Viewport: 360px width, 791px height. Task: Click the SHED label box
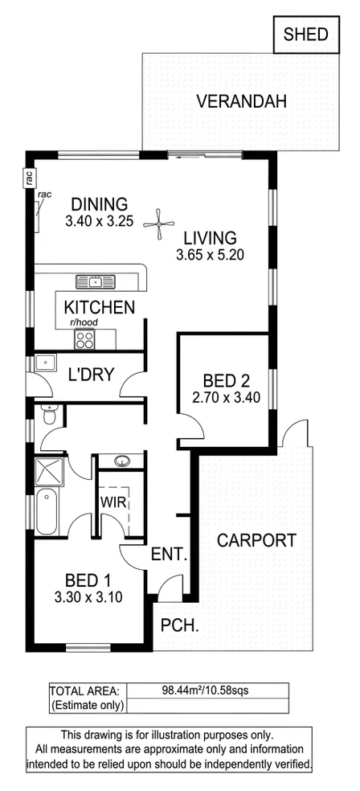pos(306,34)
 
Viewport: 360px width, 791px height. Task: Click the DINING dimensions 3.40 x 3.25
pos(99,221)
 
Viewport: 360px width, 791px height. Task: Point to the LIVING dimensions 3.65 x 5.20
pos(210,256)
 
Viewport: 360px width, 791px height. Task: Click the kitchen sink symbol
pos(96,281)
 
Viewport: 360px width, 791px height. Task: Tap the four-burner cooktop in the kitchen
pos(84,342)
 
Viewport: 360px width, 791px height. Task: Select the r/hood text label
pos(84,323)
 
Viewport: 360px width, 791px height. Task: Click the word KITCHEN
pos(99,306)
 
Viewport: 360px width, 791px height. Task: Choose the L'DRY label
pos(91,374)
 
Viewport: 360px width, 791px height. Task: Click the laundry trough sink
pos(44,363)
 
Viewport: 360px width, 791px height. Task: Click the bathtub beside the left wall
pos(47,512)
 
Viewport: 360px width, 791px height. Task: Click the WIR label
pos(111,502)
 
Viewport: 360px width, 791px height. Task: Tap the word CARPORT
pos(256,540)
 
